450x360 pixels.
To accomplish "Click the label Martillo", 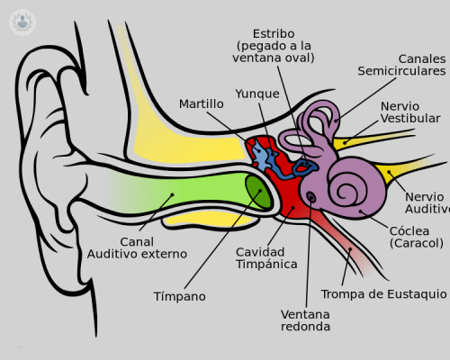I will [201, 103].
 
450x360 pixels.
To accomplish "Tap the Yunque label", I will [257, 93].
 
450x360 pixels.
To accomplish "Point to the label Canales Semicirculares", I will [400, 64].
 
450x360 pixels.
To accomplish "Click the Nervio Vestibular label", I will [409, 112].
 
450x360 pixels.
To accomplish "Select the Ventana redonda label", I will [305, 319].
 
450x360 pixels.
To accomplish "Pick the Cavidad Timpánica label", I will [266, 256].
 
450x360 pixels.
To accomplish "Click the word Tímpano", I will [179, 295].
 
